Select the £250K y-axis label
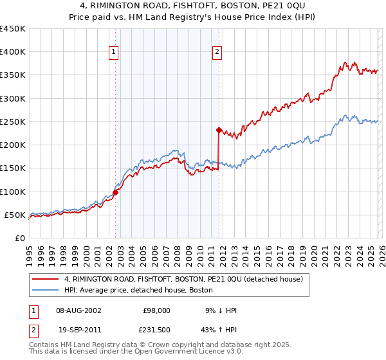[13, 122]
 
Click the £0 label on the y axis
[19, 238]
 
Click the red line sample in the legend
[46, 279]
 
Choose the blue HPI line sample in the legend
[46, 290]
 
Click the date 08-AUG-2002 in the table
[79, 310]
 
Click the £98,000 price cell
[157, 310]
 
